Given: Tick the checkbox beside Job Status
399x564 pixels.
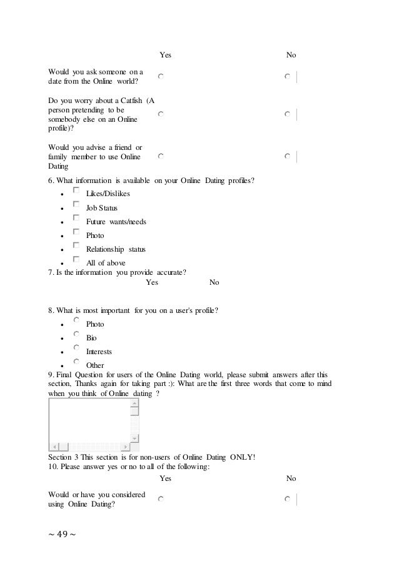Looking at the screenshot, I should click(76, 204).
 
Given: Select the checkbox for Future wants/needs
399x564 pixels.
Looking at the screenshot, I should click(76, 218).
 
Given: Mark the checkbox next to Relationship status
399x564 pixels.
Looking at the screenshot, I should click(76, 245).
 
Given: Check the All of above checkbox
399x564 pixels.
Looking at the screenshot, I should click(76, 259).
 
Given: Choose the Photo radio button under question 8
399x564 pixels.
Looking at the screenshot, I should click(76, 320).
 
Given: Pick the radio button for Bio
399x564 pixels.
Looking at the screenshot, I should click(76, 334).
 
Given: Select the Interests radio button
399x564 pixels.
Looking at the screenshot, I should click(76, 347).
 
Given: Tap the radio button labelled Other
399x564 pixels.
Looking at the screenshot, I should click(76, 361).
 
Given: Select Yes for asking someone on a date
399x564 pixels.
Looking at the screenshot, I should click(161, 76).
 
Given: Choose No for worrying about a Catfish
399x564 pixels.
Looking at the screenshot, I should click(286, 115).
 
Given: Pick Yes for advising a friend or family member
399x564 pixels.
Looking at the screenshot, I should click(161, 156).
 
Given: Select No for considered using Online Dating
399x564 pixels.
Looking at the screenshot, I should click(286, 500).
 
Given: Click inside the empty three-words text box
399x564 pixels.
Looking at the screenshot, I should click(89, 419).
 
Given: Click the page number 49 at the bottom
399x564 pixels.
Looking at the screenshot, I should click(61, 535).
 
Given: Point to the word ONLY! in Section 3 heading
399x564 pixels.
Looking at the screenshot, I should click(242, 456).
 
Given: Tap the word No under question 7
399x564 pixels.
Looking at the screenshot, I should click(215, 283).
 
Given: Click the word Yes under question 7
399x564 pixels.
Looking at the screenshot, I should click(152, 283).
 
